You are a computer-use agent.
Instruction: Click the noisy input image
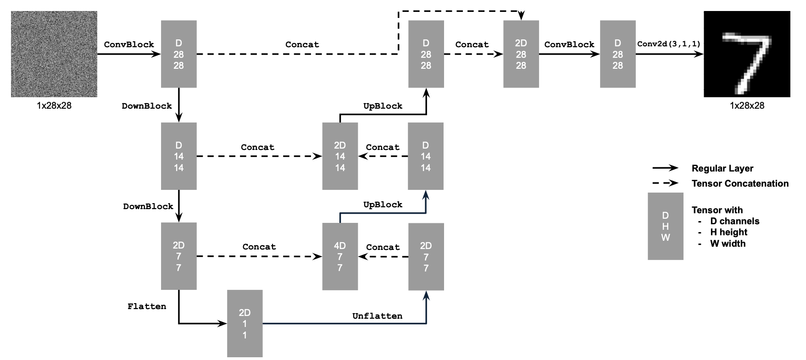(x=54, y=54)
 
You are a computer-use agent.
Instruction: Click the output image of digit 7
(x=746, y=54)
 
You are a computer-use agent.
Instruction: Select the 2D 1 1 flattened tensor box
(x=245, y=323)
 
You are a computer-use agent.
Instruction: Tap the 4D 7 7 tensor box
(x=340, y=256)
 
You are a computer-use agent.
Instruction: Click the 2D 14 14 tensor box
(x=340, y=156)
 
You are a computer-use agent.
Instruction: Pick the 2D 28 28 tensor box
(x=521, y=54)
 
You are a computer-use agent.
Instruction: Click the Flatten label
(x=147, y=306)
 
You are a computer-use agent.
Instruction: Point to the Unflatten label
(x=377, y=316)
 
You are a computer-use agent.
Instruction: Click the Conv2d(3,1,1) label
(x=669, y=44)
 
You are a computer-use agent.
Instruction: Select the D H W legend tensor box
(x=665, y=226)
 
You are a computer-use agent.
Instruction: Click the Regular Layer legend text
(x=722, y=168)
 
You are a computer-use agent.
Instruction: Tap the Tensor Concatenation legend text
(x=739, y=183)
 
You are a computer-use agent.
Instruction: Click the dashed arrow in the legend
(x=665, y=183)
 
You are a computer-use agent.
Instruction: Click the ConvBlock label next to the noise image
(x=129, y=44)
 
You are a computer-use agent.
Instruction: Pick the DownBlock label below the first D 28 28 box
(x=147, y=106)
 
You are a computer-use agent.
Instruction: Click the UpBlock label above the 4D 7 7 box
(x=383, y=205)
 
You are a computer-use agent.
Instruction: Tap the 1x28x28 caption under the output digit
(x=747, y=105)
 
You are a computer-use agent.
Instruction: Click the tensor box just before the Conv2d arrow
(x=617, y=54)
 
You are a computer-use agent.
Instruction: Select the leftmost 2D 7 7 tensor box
(x=178, y=256)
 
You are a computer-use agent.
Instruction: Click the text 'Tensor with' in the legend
(x=717, y=210)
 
